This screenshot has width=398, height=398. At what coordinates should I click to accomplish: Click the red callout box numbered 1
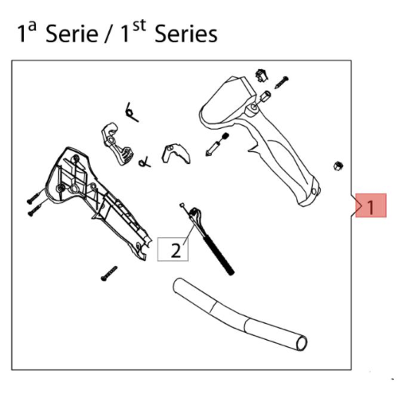pos(371,205)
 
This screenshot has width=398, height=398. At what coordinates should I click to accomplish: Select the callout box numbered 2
pos(173,249)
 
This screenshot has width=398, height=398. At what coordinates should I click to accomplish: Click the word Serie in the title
pos(72,33)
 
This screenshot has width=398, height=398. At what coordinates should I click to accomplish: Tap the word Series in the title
pos(186,33)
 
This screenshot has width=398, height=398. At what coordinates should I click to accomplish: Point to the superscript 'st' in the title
pos(139,25)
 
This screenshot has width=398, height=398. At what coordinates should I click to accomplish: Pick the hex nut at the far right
pos(338,166)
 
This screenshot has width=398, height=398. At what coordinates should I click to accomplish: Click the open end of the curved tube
pos(302,343)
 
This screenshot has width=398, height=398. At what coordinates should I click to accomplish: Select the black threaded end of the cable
pos(219,256)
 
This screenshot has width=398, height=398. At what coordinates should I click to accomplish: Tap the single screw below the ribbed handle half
pos(109,274)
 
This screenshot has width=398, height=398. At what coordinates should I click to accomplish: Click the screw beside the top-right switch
pos(282,83)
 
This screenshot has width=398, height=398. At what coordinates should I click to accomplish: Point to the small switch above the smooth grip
pos(261,75)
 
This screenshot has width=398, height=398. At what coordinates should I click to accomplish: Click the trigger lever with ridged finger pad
pos(116,142)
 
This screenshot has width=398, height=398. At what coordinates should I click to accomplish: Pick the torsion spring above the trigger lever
pos(131,112)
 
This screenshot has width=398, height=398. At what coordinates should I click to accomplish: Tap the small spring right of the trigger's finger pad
pos(145,162)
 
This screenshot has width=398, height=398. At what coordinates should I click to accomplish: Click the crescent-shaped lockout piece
pos(176,153)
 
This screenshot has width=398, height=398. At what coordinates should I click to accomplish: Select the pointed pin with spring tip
pos(217,145)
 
